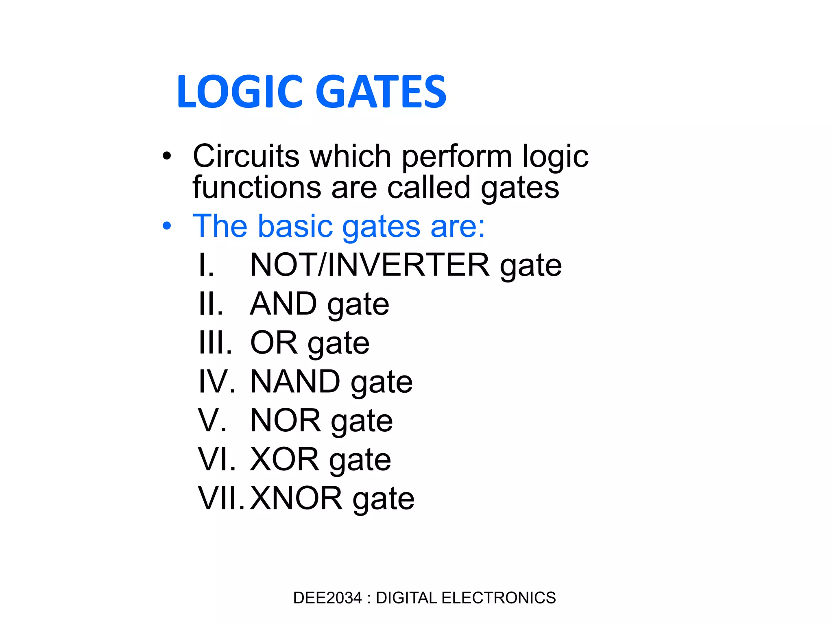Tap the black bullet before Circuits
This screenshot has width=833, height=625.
pos(166,156)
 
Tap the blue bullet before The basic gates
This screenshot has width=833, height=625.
pos(166,226)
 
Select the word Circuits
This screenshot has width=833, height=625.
pos(246,156)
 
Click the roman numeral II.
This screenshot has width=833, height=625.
pos(210,304)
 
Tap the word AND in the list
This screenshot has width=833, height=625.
pos(283,304)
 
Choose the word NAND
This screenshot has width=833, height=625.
pos(295,382)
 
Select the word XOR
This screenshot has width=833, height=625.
pos(285,459)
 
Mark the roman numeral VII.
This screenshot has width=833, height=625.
pos(221,498)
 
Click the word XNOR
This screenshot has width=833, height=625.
pos(296,498)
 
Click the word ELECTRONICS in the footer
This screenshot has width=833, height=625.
pos(498,598)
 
